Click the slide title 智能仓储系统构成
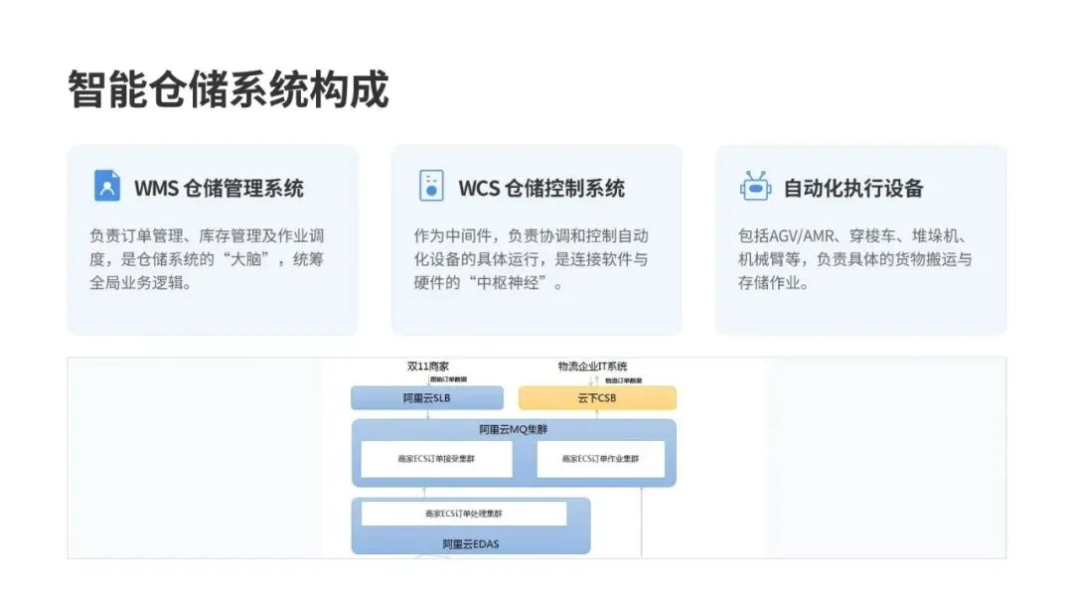(229, 89)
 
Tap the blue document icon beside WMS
(106, 186)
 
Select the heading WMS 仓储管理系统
(219, 188)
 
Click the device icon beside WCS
(431, 186)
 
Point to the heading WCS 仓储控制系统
(541, 188)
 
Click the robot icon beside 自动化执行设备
(755, 186)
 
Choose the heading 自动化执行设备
(853, 188)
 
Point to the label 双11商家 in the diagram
(427, 367)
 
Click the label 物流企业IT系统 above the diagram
(592, 367)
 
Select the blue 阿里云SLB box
(427, 398)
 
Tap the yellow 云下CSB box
(597, 398)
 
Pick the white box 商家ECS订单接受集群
(436, 459)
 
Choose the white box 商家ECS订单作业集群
(600, 459)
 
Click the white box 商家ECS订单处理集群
(464, 514)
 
